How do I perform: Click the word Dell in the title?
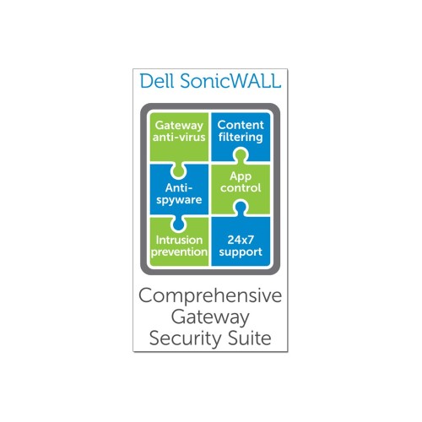click(x=157, y=81)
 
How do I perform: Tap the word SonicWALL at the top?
click(x=230, y=81)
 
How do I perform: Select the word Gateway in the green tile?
click(x=179, y=126)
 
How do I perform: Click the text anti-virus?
click(x=179, y=138)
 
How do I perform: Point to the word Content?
click(x=241, y=125)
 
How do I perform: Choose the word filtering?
click(x=241, y=138)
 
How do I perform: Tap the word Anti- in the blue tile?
click(x=179, y=187)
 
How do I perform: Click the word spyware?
click(x=179, y=200)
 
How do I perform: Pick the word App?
click(x=241, y=176)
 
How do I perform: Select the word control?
click(x=241, y=188)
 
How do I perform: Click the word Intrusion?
click(x=179, y=240)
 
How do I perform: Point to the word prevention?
click(x=179, y=252)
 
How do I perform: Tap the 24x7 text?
click(x=241, y=240)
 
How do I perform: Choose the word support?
click(x=241, y=252)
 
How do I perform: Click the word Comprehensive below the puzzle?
click(x=210, y=296)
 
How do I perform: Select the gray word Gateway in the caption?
click(x=210, y=317)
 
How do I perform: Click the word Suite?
click(x=250, y=338)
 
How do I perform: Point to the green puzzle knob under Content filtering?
click(x=241, y=155)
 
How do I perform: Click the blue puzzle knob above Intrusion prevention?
click(x=179, y=224)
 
